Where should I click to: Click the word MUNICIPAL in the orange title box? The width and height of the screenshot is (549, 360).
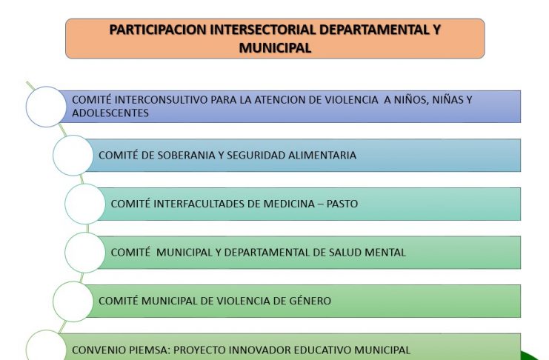275,48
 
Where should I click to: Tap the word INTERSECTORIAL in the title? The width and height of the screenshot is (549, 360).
263,30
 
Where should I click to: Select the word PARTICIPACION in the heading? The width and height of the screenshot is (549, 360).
158,30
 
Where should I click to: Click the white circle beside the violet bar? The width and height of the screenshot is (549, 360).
46,107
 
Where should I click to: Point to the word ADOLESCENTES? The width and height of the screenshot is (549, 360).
110,113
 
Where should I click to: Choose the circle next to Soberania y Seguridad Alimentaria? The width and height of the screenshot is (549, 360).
73,155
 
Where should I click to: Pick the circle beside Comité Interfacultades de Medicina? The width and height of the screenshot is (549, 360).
85,204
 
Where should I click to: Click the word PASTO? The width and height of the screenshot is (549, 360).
342,204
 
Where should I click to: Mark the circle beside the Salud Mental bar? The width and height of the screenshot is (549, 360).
85,253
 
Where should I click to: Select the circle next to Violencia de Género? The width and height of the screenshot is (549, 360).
73,301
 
